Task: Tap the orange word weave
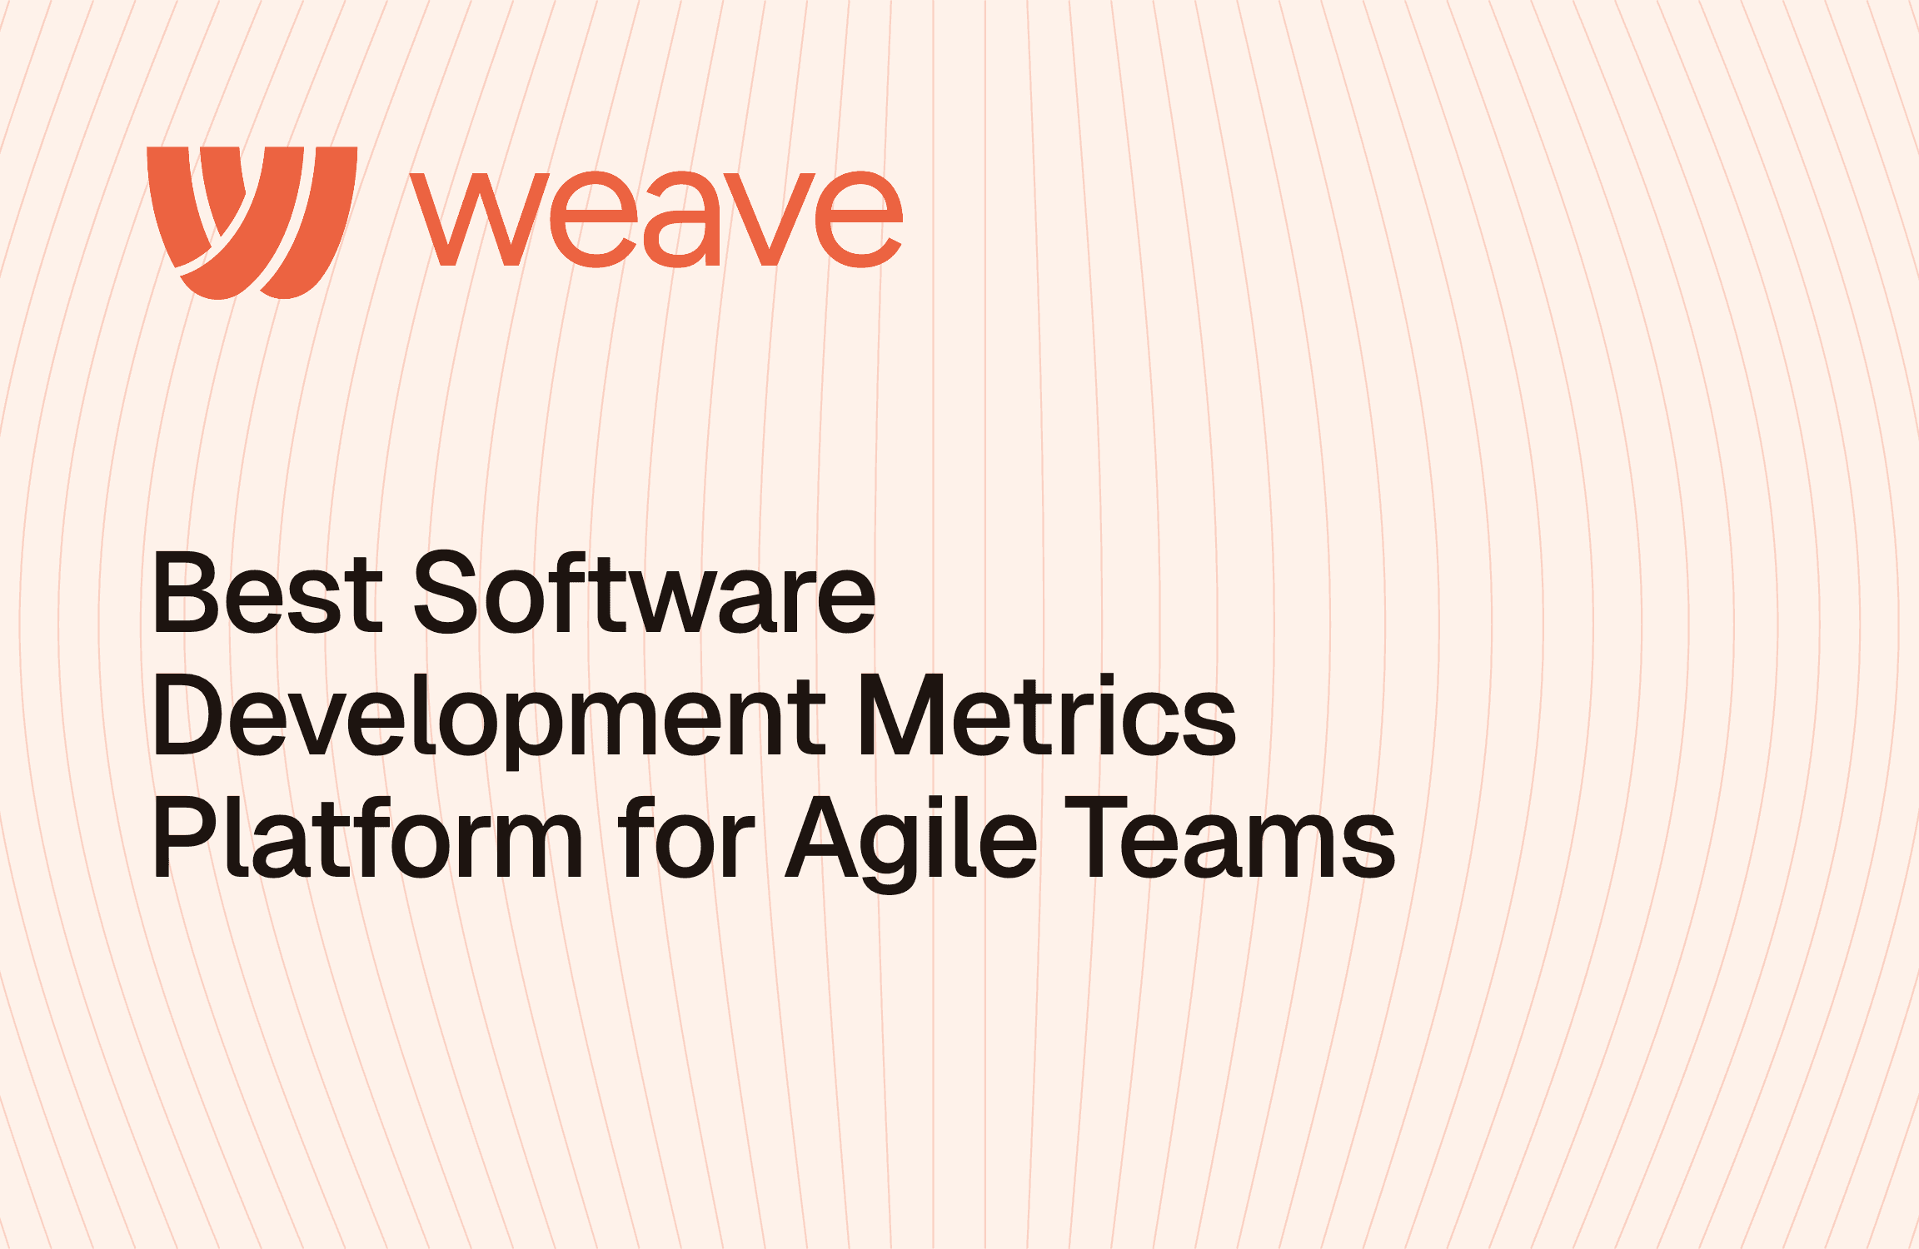coord(656,219)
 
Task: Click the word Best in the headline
coord(267,592)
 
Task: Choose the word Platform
coord(367,837)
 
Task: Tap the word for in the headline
coord(687,837)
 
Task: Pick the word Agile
coord(912,842)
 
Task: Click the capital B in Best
coord(184,592)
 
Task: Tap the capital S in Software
coord(446,591)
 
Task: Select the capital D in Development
coord(189,714)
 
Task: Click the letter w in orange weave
coord(480,220)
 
